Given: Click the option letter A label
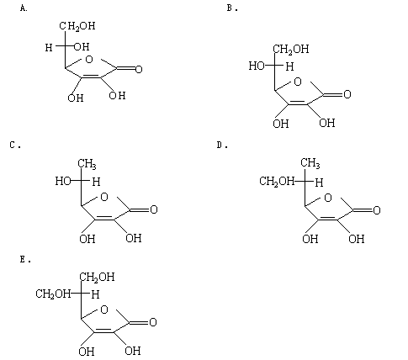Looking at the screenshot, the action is click(24, 8).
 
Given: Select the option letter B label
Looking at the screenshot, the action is click(232, 8).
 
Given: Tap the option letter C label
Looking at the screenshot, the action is click(15, 145).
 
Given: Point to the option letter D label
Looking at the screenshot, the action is click(222, 145).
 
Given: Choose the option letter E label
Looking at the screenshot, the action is click(25, 260).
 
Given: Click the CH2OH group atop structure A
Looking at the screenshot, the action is click(77, 26).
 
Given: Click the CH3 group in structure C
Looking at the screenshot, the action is click(87, 164).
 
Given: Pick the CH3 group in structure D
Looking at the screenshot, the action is click(310, 163).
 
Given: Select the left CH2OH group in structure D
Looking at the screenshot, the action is click(277, 182).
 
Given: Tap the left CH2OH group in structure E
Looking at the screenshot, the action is click(53, 294).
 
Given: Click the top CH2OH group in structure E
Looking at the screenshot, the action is click(97, 278).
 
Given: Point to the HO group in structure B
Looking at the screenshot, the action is click(257, 66).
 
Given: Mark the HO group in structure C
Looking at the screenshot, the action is click(63, 181).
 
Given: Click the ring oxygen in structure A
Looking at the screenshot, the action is click(89, 60).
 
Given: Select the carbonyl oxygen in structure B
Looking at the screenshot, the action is click(347, 94).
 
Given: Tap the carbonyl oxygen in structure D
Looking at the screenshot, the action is click(377, 210).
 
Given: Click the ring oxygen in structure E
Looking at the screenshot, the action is click(104, 310).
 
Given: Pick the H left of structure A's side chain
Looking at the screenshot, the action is click(49, 48).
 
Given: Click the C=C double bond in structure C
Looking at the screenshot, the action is click(104, 218).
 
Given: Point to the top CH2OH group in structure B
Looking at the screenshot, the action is click(291, 50).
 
